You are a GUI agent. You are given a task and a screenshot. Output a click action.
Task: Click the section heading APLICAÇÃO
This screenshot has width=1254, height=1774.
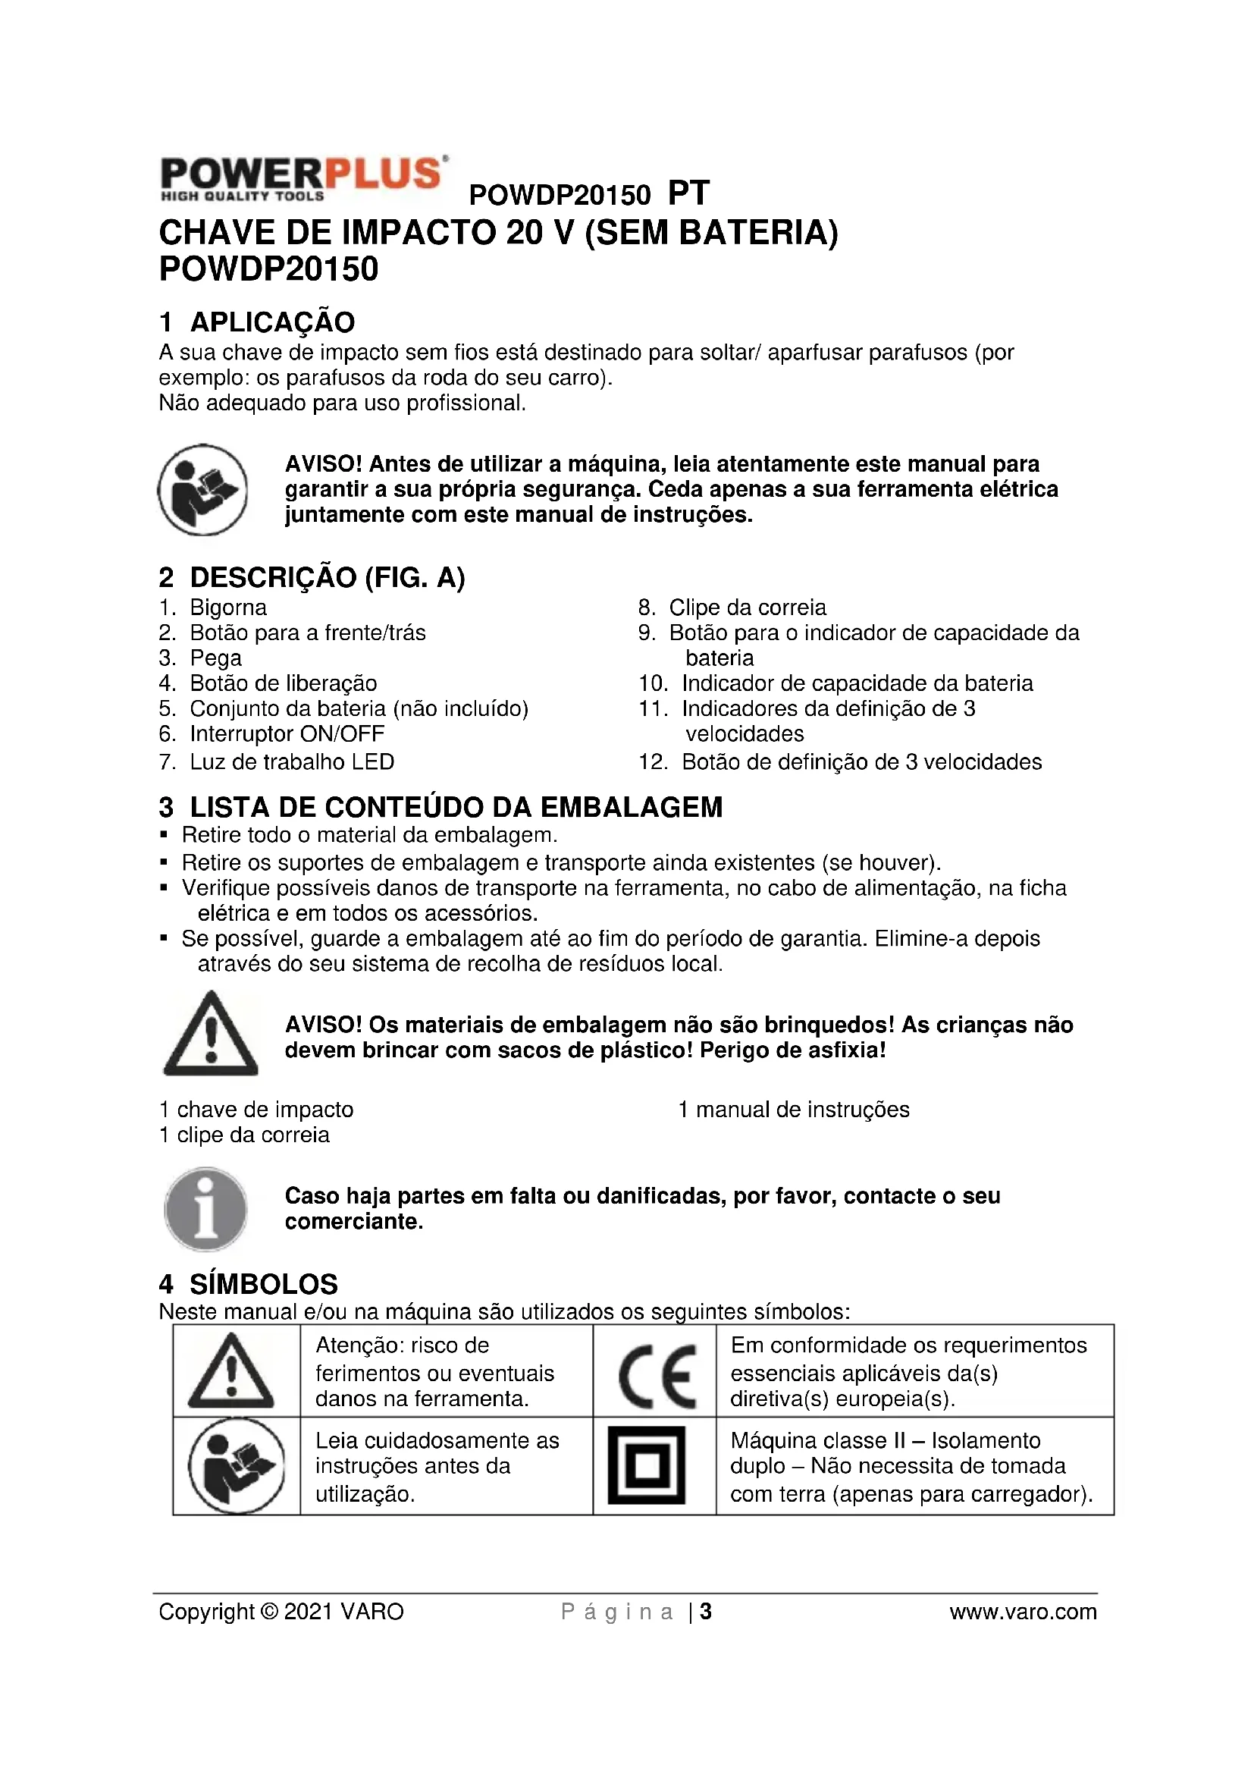point(272,322)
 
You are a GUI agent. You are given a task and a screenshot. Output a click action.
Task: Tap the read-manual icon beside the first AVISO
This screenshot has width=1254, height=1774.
point(203,490)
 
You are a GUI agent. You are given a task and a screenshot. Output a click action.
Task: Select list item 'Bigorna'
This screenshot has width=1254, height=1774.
point(227,608)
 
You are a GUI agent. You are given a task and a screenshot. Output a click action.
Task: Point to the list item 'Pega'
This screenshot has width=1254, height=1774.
point(215,658)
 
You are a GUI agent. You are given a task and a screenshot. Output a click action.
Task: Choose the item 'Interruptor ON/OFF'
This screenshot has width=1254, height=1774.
point(287,734)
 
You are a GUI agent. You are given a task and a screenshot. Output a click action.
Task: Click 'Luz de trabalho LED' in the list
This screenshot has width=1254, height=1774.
point(292,761)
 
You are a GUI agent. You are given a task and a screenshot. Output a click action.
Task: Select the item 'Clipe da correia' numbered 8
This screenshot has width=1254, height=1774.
point(747,608)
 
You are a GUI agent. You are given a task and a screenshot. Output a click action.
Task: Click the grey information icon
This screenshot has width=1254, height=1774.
point(205,1209)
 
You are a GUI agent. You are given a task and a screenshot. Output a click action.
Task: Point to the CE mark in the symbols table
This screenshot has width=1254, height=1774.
point(657,1376)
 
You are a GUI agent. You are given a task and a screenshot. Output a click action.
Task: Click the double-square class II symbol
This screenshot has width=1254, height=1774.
point(647,1466)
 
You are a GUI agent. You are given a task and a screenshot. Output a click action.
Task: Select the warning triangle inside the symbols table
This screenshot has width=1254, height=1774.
point(231,1373)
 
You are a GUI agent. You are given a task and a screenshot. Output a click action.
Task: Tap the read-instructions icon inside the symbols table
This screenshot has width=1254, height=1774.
point(237,1466)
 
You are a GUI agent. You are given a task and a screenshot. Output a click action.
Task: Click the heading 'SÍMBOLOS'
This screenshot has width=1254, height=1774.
point(263,1284)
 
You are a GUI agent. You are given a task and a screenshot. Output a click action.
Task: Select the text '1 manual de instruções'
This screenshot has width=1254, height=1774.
point(794,1110)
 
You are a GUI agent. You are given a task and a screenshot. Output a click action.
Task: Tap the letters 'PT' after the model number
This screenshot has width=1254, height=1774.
point(688,193)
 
